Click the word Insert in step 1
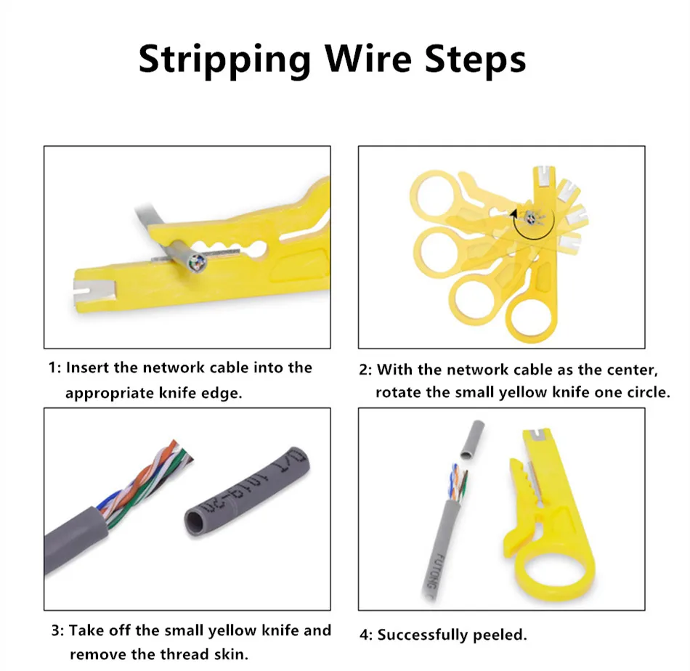(x=88, y=367)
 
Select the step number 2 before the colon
(x=365, y=370)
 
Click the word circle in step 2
(x=645, y=393)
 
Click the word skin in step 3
(x=232, y=654)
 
